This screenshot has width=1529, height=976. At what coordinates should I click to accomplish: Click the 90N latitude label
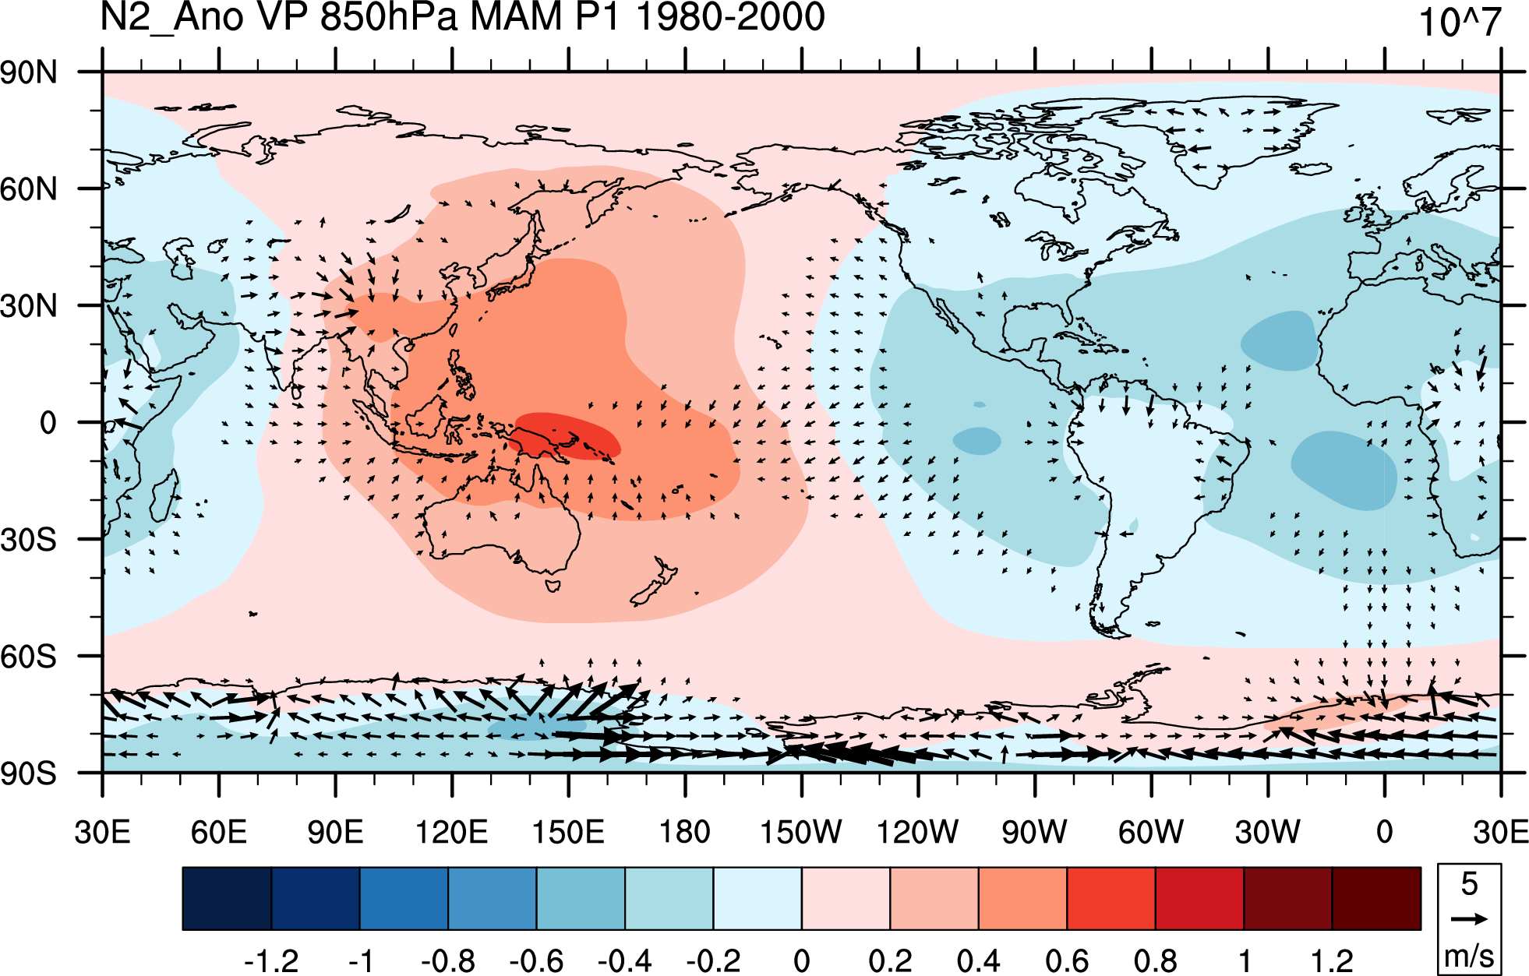[29, 72]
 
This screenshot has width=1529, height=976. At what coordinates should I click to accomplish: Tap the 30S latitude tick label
[29, 539]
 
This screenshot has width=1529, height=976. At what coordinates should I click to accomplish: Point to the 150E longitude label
[568, 832]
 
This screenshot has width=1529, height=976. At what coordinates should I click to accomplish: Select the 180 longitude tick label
[685, 832]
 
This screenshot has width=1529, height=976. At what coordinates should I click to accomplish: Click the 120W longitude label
[917, 832]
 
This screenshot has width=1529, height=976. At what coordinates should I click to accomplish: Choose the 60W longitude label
[1151, 832]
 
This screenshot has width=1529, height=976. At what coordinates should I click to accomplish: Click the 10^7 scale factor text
[1460, 22]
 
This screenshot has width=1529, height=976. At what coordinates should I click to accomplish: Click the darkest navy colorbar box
[227, 898]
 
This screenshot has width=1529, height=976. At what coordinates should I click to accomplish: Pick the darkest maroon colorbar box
[1376, 898]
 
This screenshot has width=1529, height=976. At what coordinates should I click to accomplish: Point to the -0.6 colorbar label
[536, 960]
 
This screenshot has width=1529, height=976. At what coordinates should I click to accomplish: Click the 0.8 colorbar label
[1156, 960]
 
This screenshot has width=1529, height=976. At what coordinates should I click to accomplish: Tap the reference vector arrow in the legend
[1469, 919]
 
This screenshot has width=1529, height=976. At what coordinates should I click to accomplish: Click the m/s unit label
[1469, 956]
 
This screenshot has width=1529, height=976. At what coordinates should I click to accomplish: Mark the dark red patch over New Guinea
[567, 435]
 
